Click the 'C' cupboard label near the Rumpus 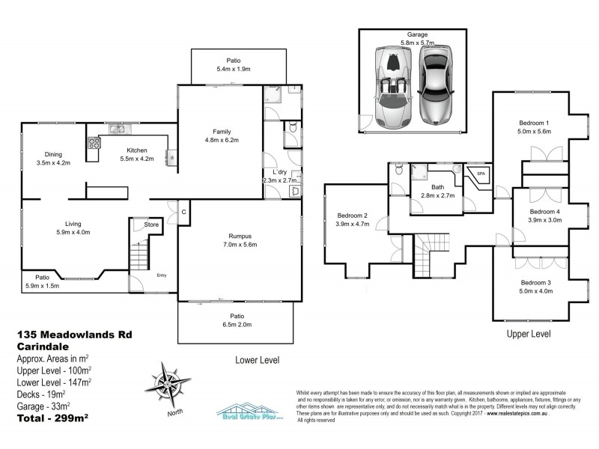(x=184, y=212)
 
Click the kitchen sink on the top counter (x=118, y=129)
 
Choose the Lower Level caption (x=258, y=359)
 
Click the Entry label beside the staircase (x=161, y=275)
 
